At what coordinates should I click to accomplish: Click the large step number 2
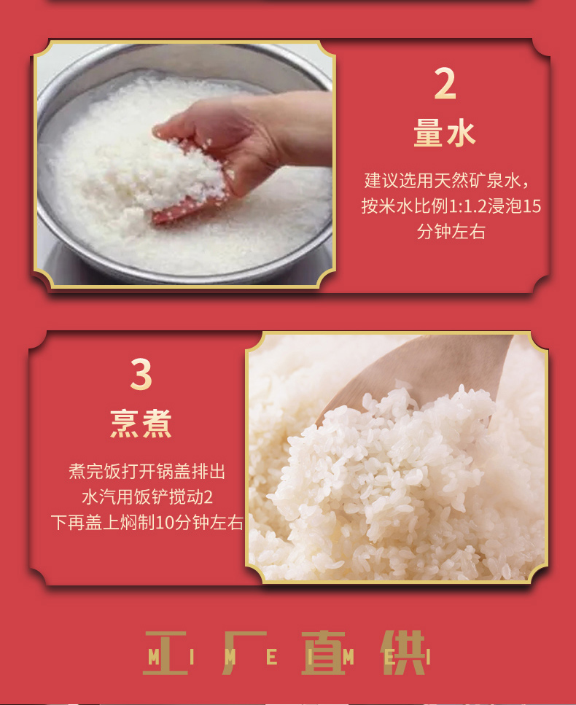point(445,84)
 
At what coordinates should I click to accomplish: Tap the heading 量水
point(445,133)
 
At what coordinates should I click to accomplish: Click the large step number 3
point(141,374)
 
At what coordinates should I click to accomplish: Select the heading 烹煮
point(141,423)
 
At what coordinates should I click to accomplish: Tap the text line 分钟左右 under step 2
point(451,232)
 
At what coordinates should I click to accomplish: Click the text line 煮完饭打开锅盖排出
point(147,472)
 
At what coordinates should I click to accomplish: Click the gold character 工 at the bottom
point(165,653)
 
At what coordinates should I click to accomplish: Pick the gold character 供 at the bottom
point(403,653)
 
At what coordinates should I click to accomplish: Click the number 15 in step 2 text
point(532,206)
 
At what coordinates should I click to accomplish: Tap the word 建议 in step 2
point(381,180)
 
